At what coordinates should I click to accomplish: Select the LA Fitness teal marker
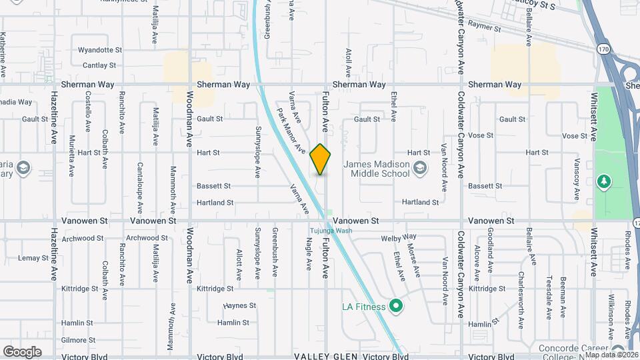[x=397, y=307]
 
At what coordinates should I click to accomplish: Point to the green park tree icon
[x=604, y=181]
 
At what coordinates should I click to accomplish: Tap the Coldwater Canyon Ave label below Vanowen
[x=460, y=274]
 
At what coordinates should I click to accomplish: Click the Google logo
[x=22, y=351]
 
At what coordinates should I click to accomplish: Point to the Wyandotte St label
[x=100, y=50]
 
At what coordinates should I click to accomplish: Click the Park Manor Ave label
[x=291, y=130]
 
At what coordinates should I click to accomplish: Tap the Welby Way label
[x=399, y=237]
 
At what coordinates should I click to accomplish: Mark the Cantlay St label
[x=99, y=65]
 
